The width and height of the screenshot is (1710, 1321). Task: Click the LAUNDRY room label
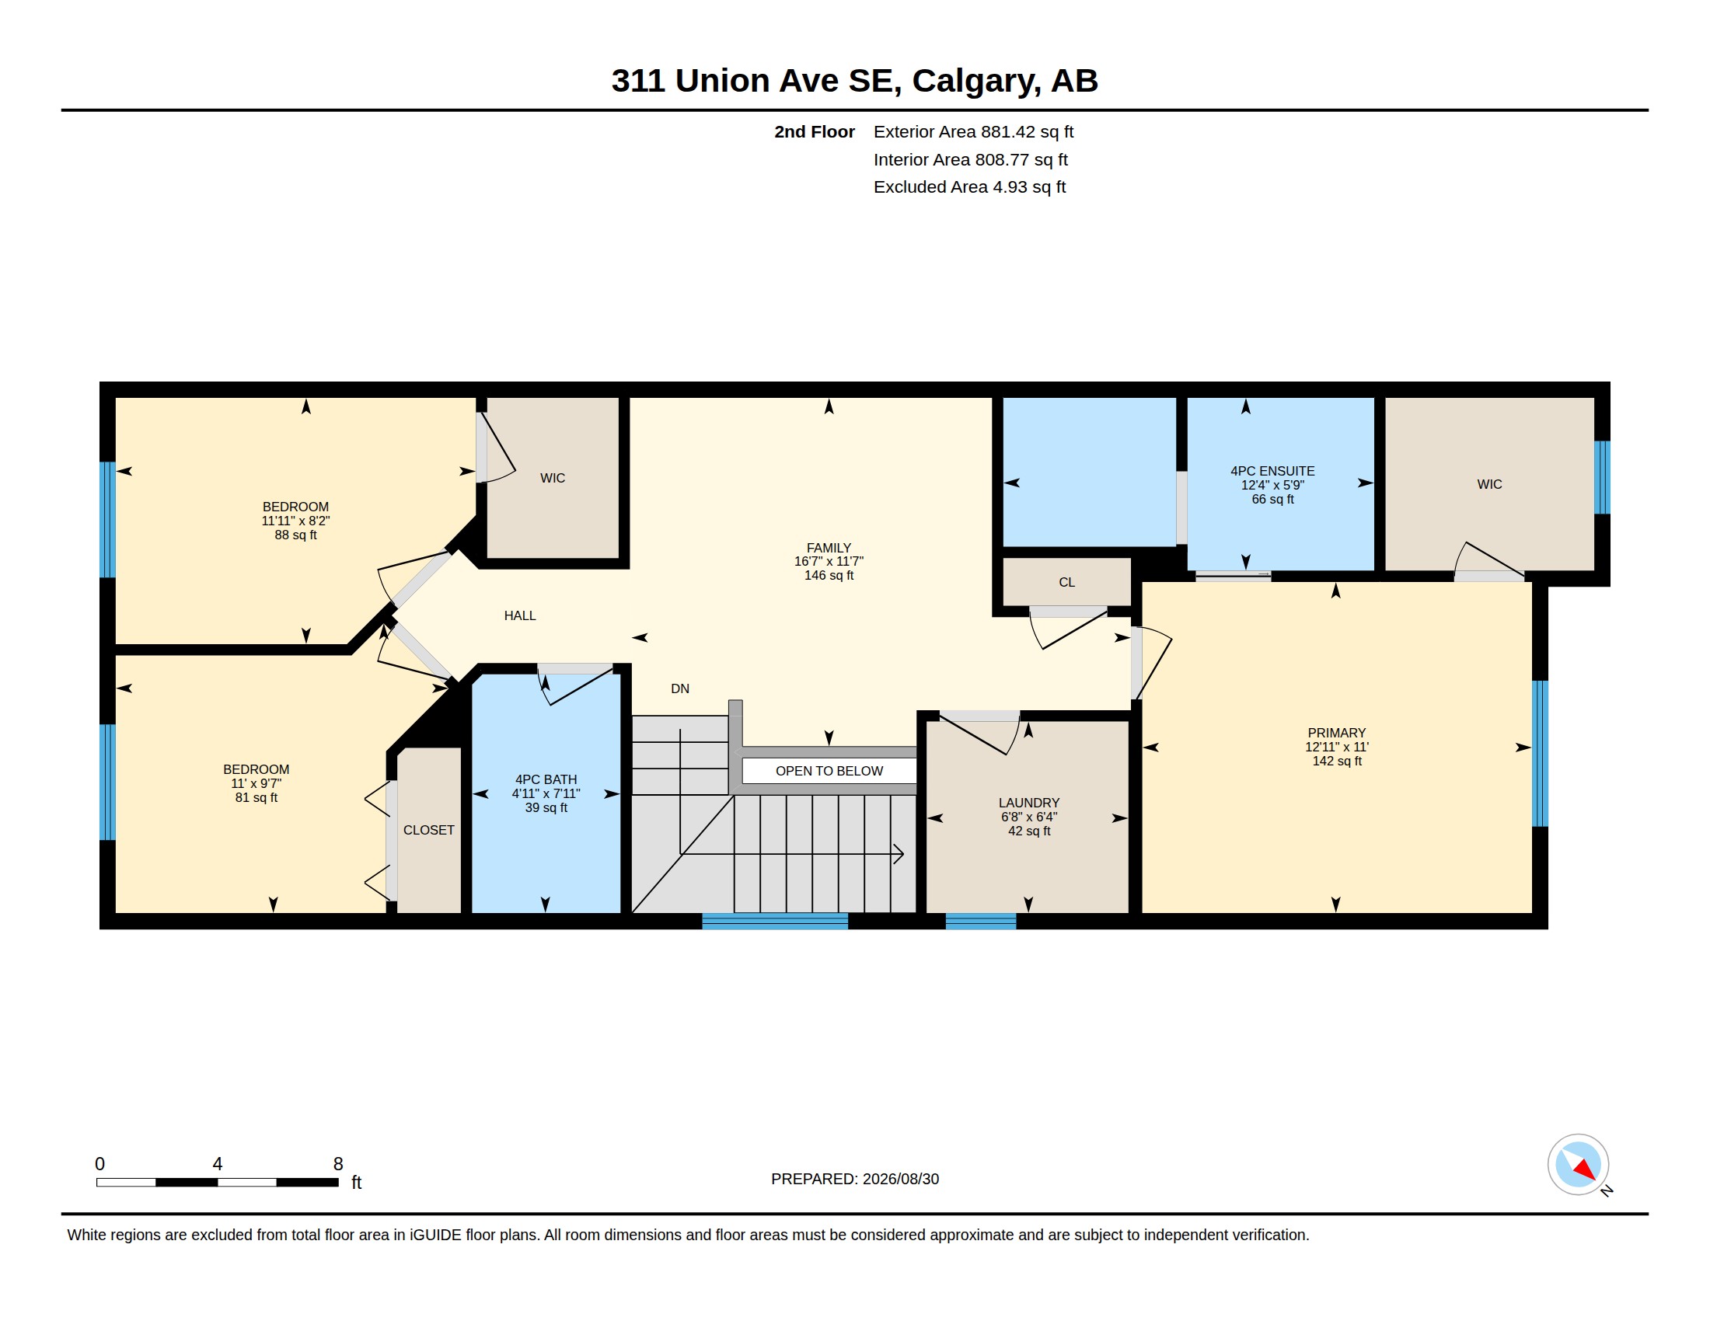coord(1029,803)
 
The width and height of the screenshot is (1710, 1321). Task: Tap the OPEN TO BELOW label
coord(829,771)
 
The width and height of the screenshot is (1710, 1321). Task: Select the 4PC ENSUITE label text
coord(1272,471)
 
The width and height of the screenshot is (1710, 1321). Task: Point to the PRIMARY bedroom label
coord(1337,734)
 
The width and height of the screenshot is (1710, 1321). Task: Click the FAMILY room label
coord(829,548)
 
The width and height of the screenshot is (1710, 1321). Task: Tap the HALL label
coord(520,616)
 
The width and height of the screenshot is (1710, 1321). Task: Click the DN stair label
coord(679,688)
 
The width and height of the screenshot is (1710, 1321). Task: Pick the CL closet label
coord(1066,582)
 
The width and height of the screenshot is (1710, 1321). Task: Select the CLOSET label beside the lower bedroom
coord(428,831)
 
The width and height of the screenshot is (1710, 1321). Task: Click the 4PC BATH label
coord(546,779)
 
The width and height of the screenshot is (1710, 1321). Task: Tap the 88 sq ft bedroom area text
coord(295,535)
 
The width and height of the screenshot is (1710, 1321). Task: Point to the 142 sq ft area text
coord(1337,761)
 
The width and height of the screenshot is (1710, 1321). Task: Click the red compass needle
coord(1583,1169)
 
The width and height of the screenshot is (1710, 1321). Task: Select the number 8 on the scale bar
coord(338,1164)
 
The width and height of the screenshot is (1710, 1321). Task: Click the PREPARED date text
coord(855,1179)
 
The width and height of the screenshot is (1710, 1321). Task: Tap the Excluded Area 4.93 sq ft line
coord(969,187)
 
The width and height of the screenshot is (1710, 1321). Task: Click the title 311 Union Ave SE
coord(752,81)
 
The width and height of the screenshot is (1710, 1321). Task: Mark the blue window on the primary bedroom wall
coord(1539,754)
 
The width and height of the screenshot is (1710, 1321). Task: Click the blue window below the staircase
coord(774,921)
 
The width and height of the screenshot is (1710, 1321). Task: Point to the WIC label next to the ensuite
coord(1489,484)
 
